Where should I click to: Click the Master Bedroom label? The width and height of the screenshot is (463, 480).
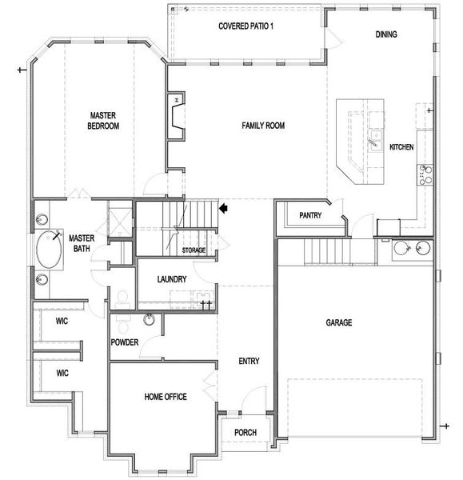coord(104,121)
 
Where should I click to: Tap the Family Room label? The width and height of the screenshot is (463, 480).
coord(263,126)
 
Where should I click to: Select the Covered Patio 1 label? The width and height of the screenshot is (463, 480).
coord(245,26)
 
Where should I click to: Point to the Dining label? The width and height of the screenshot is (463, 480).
coord(386,34)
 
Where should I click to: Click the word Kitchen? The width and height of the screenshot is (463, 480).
coord(401,148)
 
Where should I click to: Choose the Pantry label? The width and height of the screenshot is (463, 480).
coord(310,216)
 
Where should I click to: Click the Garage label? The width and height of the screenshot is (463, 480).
coord(338,323)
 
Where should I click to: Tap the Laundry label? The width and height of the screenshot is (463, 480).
coord(172,280)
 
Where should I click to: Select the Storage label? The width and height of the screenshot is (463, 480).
coord(194,251)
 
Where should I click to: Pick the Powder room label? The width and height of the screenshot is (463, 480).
coord(125,343)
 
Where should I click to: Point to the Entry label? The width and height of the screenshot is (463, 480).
coord(249,362)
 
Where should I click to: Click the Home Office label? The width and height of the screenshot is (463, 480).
coord(166,397)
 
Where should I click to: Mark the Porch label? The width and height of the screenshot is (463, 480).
coord(245,433)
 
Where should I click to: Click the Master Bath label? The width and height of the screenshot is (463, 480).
coord(82,244)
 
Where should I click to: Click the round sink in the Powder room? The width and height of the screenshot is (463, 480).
coord(149,321)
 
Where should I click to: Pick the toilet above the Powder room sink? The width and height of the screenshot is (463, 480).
coord(122,299)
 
